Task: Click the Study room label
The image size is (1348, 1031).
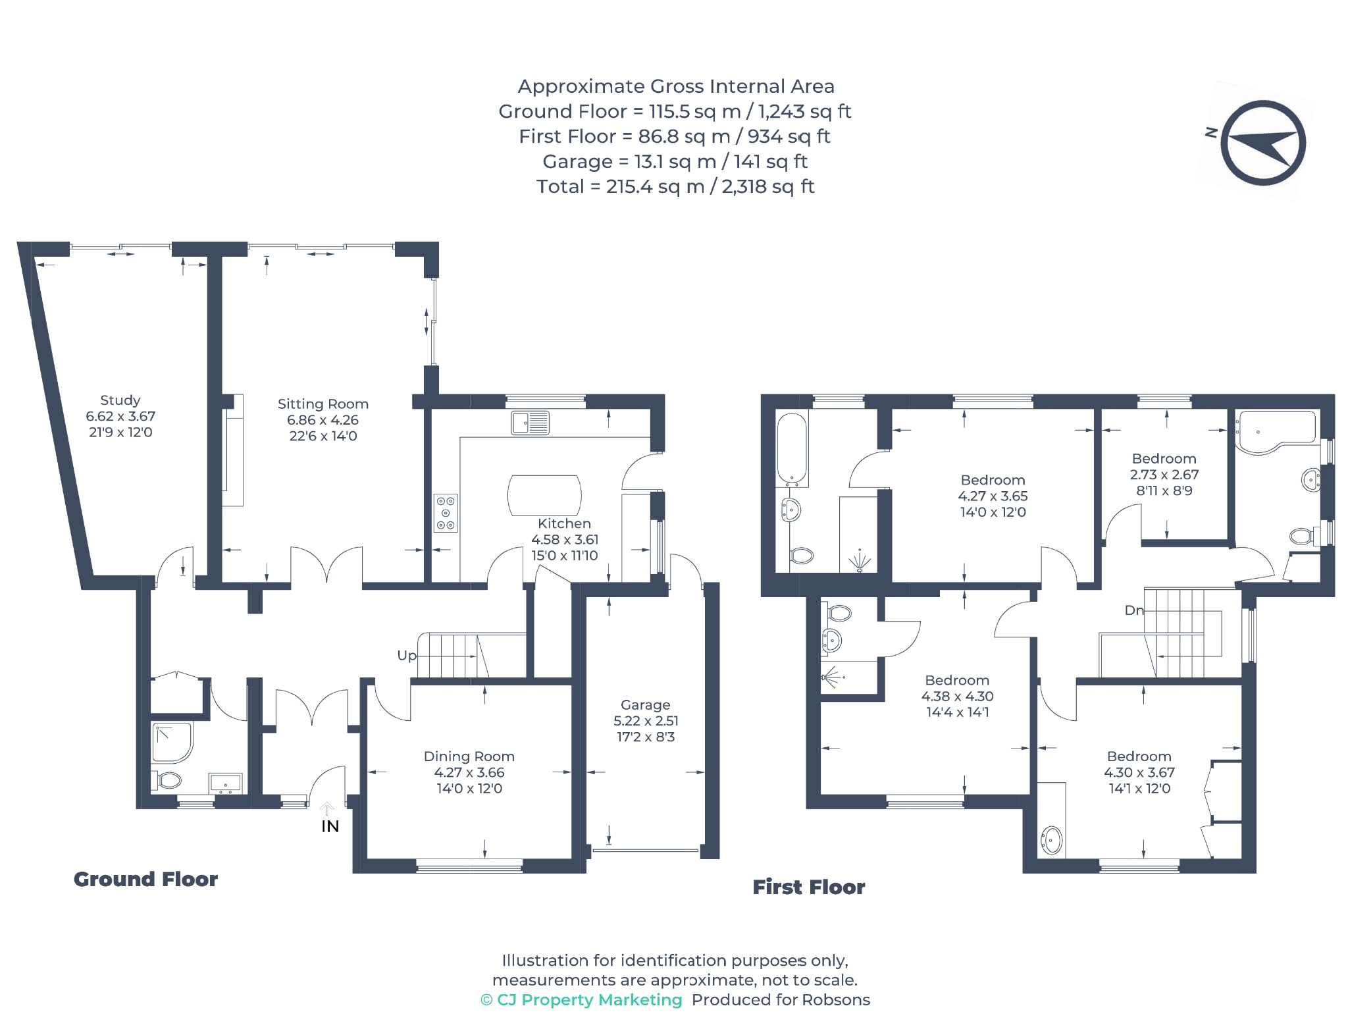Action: pyautogui.click(x=120, y=400)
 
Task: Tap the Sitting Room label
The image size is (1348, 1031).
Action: pyautogui.click(x=323, y=404)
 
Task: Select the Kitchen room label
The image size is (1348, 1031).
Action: pyautogui.click(x=564, y=523)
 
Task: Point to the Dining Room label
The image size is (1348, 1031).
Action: pyautogui.click(x=469, y=756)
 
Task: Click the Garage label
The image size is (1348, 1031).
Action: pyautogui.click(x=645, y=705)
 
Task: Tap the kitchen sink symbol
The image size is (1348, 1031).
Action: pyautogui.click(x=531, y=423)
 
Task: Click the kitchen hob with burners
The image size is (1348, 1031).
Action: pyautogui.click(x=446, y=513)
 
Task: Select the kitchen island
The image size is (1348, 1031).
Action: pyautogui.click(x=544, y=495)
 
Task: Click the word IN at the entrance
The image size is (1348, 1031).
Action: pyautogui.click(x=330, y=827)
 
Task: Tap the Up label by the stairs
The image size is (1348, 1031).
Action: pyautogui.click(x=407, y=656)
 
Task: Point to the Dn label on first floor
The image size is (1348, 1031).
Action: pyautogui.click(x=1134, y=610)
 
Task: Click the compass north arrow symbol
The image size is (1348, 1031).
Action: pyautogui.click(x=1262, y=143)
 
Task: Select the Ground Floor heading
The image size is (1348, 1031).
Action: pyautogui.click(x=145, y=879)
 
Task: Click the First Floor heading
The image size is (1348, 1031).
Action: pyautogui.click(x=809, y=887)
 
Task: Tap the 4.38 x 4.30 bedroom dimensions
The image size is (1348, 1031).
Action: pyautogui.click(x=957, y=696)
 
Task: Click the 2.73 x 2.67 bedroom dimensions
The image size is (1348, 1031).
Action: pyautogui.click(x=1164, y=475)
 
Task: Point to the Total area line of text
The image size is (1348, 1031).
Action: pyautogui.click(x=675, y=187)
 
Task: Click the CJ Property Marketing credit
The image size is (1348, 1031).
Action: pyautogui.click(x=582, y=1000)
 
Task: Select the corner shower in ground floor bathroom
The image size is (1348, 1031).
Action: pyautogui.click(x=172, y=743)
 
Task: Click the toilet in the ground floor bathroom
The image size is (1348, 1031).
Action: pyautogui.click(x=167, y=781)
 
